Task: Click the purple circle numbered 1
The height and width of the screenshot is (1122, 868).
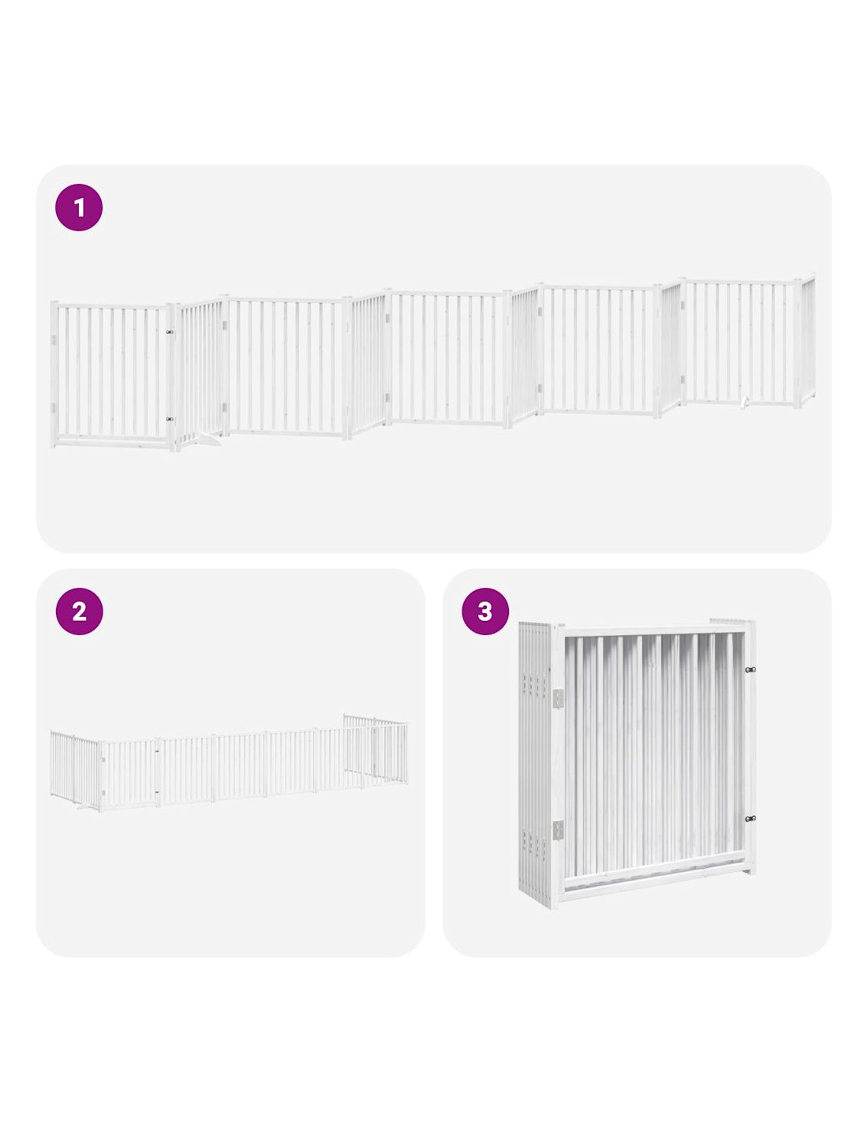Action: pyautogui.click(x=78, y=208)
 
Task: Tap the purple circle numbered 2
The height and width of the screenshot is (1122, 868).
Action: pyautogui.click(x=79, y=611)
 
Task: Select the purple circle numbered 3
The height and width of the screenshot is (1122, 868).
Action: pyautogui.click(x=485, y=611)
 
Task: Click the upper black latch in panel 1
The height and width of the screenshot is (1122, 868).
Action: pyautogui.click(x=170, y=332)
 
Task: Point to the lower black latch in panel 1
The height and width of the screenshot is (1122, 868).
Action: pyautogui.click(x=170, y=420)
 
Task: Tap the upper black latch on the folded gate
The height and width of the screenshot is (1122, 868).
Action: pyautogui.click(x=750, y=670)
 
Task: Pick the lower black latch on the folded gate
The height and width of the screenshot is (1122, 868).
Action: pyautogui.click(x=750, y=819)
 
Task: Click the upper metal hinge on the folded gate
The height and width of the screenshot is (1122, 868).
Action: pyautogui.click(x=558, y=699)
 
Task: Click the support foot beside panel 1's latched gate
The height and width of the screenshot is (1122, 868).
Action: pyautogui.click(x=209, y=439)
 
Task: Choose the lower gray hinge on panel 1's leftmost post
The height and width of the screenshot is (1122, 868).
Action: pyautogui.click(x=53, y=407)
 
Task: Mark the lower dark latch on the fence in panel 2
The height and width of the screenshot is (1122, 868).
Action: pyautogui.click(x=156, y=792)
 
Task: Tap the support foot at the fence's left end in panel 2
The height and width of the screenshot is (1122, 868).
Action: pyautogui.click(x=81, y=808)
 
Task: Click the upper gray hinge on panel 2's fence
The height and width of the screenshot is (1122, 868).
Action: pyautogui.click(x=103, y=760)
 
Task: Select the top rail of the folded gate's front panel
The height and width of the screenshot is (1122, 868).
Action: pyautogui.click(x=653, y=630)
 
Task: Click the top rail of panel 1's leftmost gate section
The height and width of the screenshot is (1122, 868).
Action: pyautogui.click(x=111, y=306)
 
